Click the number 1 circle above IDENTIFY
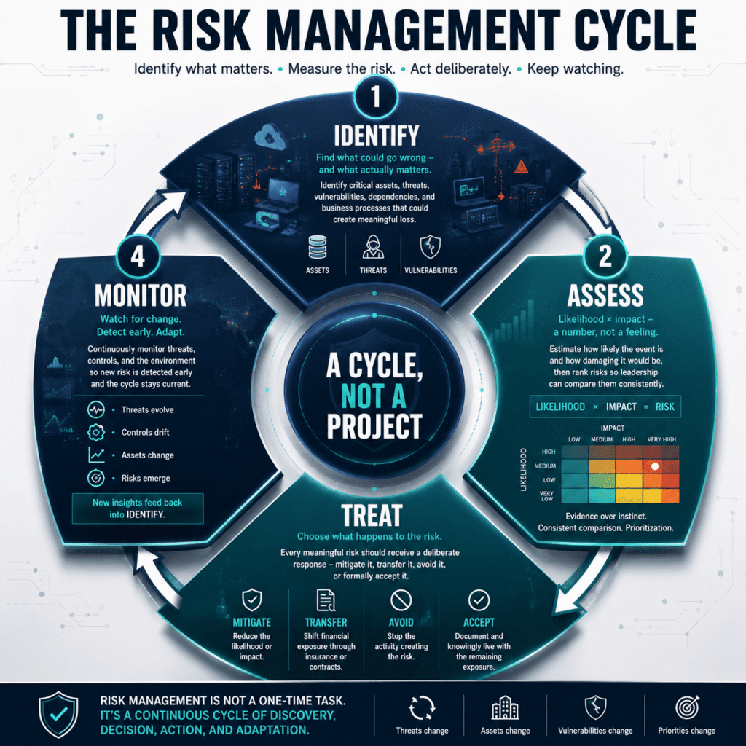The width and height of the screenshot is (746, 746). point(375,97)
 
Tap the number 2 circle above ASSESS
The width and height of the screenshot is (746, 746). point(605,256)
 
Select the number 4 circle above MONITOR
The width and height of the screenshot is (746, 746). point(138,256)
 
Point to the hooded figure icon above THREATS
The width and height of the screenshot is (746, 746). point(373,247)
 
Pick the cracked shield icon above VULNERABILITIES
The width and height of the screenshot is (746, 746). point(430,247)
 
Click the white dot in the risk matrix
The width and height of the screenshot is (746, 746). point(655,467)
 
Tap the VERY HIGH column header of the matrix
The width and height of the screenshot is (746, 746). point(661,439)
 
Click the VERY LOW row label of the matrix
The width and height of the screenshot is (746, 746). point(546,496)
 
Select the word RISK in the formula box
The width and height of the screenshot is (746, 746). point(664,407)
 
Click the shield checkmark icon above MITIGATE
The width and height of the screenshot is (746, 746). point(251,600)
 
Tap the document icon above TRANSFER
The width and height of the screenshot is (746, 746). point(326,600)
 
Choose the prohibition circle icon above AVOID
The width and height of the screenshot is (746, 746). point(401,600)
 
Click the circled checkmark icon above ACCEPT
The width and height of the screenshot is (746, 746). point(479,600)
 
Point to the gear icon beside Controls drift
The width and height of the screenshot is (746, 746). point(96,432)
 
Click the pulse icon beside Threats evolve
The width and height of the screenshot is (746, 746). point(96,409)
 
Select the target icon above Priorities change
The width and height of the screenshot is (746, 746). point(687,707)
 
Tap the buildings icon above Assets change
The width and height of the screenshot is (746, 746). point(505,708)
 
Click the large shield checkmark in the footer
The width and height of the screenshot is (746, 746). point(58,714)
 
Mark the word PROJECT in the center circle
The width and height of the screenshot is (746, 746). point(374,426)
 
